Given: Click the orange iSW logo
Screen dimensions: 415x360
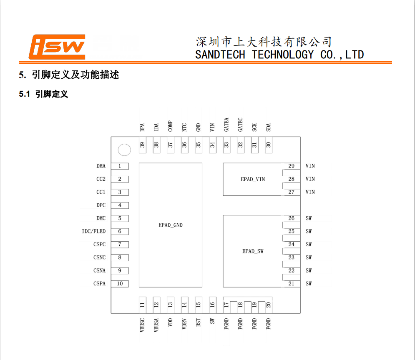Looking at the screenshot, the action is [57, 47].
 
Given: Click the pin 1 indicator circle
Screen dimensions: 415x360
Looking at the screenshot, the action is [124, 150].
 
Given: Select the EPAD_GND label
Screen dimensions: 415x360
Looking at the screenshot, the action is [171, 225].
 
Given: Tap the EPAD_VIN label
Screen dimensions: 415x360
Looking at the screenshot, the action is [253, 179].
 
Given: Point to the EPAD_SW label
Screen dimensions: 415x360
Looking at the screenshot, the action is [253, 251].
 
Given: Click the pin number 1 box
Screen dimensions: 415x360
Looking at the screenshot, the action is [120, 166].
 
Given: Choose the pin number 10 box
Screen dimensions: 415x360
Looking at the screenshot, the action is [120, 284].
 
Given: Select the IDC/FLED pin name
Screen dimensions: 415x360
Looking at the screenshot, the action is [94, 231].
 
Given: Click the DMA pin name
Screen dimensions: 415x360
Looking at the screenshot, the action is [101, 166].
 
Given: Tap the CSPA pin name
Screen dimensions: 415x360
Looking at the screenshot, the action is [100, 284].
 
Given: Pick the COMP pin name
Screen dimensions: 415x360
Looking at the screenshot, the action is [170, 126].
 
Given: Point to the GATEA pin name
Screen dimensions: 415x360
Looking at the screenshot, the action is [226, 125].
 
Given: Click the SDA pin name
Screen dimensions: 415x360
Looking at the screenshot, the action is [268, 127].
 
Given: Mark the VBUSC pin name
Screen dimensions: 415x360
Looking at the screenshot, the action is [142, 325].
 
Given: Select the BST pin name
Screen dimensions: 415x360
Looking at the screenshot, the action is [198, 322].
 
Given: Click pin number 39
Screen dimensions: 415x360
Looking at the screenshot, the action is [142, 145].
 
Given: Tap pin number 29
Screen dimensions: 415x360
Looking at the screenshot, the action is [292, 166].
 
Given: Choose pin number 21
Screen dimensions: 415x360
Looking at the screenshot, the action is [292, 284].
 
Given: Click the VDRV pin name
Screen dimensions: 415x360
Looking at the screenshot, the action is [184, 324].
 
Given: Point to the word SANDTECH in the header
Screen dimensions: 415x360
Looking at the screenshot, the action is [220, 55].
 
